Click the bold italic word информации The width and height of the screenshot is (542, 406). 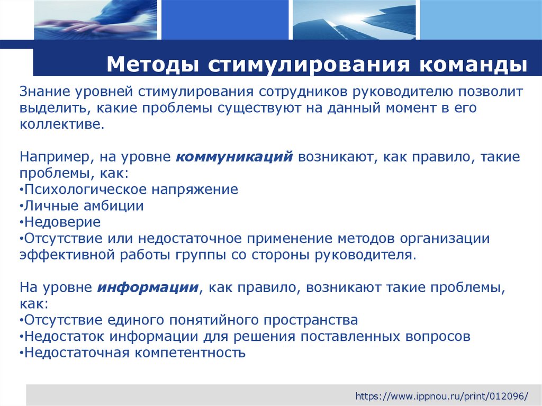tap(148, 287)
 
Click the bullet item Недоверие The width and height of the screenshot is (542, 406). tap(62, 222)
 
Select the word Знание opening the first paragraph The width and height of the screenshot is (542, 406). tap(46, 92)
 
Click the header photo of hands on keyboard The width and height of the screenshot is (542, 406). tap(95, 20)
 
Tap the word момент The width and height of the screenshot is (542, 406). tap(394, 108)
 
